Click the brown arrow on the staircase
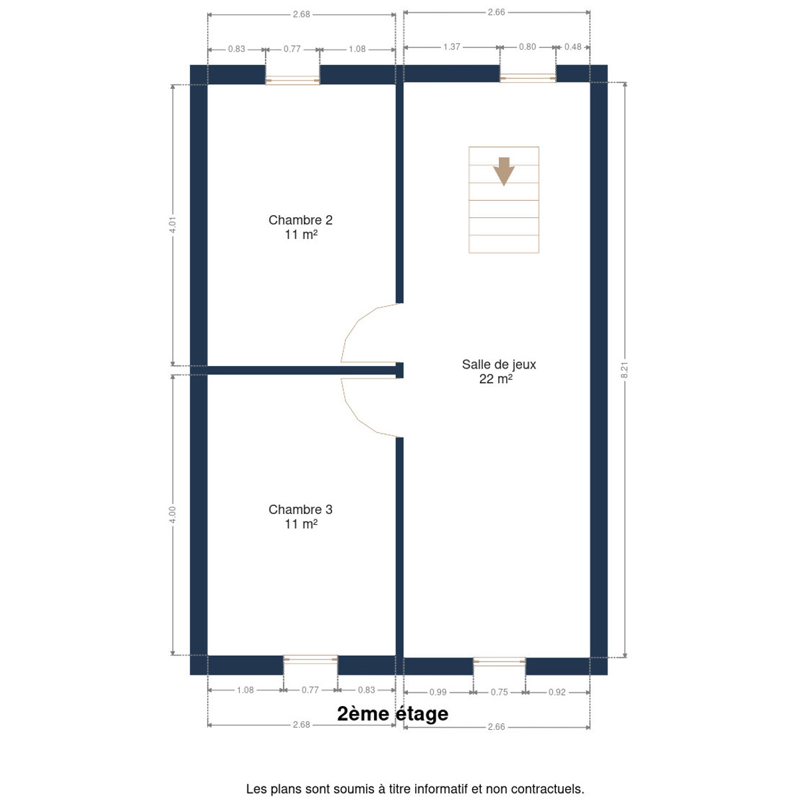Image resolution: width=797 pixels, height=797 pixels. click(503, 171)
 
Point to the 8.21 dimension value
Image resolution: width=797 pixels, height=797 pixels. click(624, 370)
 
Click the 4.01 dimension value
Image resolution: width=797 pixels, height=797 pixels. click(173, 224)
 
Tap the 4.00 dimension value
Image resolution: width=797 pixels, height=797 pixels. click(173, 515)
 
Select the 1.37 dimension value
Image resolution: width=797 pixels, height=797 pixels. click(452, 46)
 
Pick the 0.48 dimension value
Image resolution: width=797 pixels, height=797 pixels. click(573, 46)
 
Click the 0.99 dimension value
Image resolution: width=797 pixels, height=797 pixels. click(438, 623)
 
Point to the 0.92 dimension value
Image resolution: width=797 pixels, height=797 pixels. click(557, 623)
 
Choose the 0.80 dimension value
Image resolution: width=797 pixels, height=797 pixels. click(527, 46)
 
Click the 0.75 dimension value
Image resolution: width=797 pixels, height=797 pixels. click(499, 623)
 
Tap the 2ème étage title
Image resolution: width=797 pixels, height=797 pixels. click(393, 644)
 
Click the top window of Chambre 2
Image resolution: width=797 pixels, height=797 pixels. click(292, 80)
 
